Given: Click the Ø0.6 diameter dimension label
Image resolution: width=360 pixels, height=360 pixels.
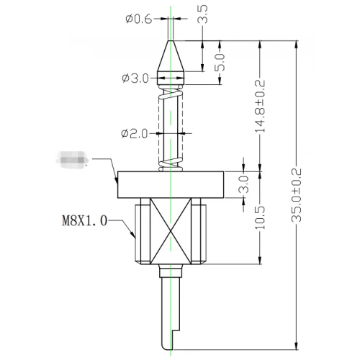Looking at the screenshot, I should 138,20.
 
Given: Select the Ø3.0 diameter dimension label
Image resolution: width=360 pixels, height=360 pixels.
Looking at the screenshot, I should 135,78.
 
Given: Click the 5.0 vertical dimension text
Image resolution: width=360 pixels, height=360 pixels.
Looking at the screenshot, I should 220,63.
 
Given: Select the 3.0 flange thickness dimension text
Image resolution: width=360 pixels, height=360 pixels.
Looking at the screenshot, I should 243,184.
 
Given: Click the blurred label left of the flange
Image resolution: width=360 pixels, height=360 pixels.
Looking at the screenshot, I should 72,159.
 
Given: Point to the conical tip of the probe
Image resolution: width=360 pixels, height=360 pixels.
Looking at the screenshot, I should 171,58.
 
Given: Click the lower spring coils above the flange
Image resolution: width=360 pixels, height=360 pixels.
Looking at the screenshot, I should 171,162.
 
